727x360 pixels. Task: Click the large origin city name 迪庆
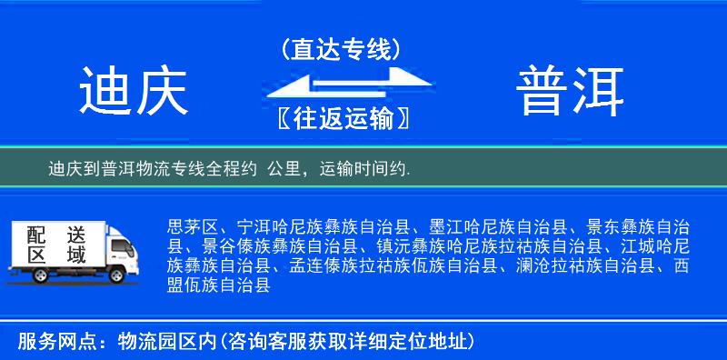tap(133, 91)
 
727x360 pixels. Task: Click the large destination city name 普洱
tap(571, 91)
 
